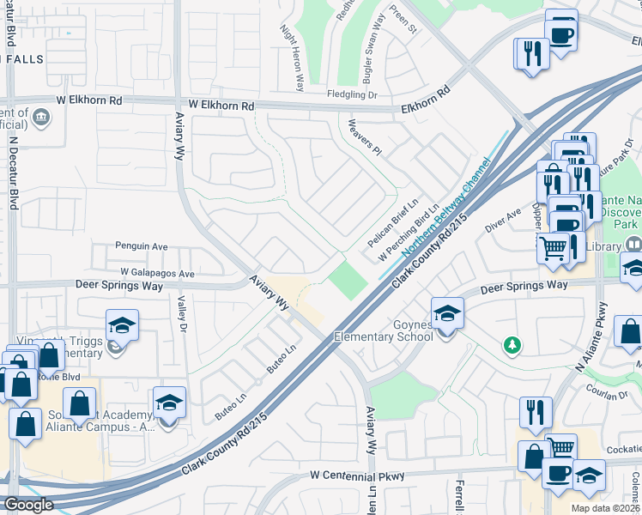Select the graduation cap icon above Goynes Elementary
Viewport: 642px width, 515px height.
click(x=447, y=313)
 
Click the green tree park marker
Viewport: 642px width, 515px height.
click(x=512, y=344)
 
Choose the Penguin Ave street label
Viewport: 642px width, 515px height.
click(x=142, y=246)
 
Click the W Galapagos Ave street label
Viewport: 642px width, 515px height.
click(x=158, y=273)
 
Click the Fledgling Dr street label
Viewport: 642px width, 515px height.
click(x=352, y=95)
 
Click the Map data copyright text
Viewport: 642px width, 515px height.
click(x=605, y=508)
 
